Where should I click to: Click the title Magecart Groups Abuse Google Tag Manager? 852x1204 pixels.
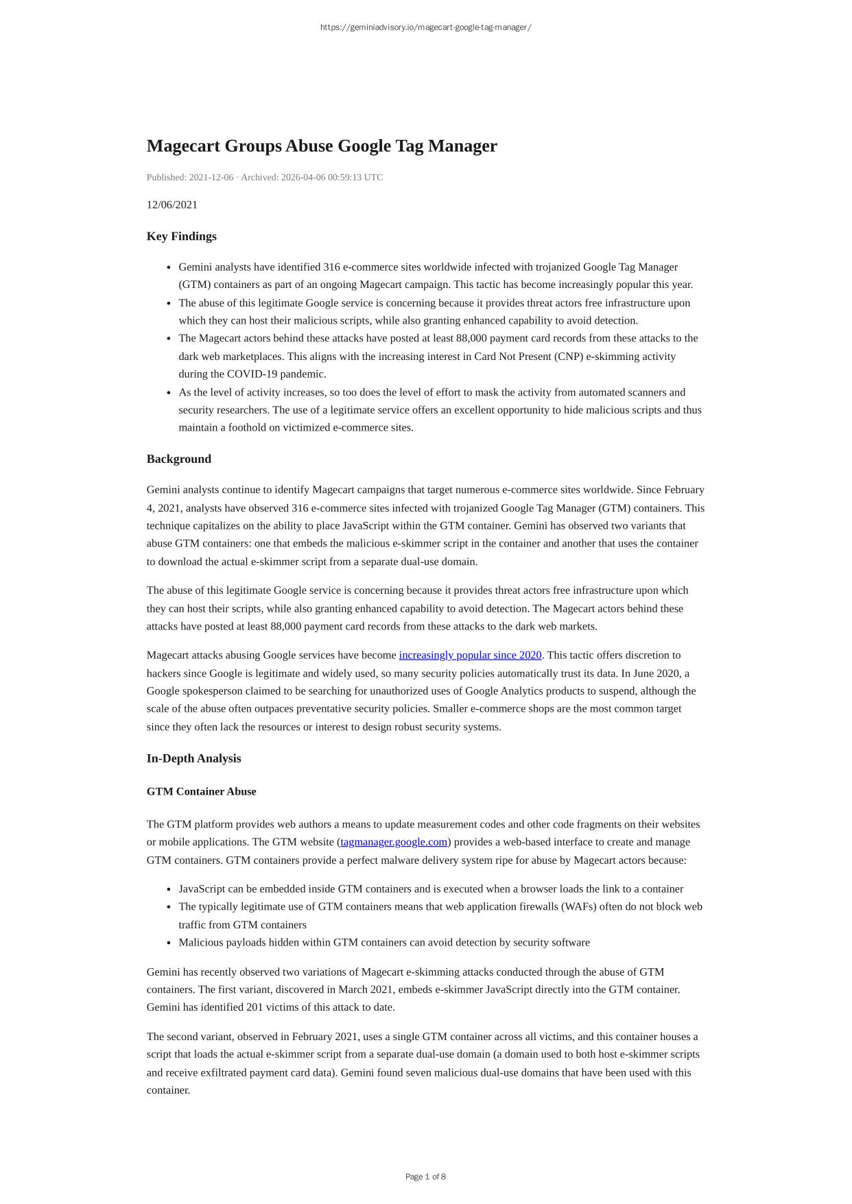[x=322, y=146]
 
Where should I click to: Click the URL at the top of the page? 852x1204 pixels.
[x=425, y=27]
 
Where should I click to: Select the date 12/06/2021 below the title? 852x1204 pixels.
[x=172, y=205]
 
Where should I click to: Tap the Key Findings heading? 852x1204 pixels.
[x=182, y=237]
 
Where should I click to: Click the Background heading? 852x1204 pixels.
[x=179, y=459]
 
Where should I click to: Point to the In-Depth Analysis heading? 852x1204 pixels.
[x=194, y=758]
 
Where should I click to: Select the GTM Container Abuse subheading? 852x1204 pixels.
[x=202, y=792]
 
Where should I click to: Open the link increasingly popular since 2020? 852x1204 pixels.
[x=470, y=655]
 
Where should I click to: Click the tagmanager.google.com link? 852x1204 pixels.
[x=394, y=842]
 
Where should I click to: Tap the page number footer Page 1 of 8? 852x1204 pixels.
[x=425, y=1177]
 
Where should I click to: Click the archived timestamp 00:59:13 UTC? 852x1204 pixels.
[x=355, y=178]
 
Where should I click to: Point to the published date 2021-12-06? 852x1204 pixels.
[x=211, y=178]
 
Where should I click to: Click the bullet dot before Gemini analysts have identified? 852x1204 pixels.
[x=169, y=267]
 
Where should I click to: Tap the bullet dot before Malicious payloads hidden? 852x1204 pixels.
[x=169, y=943]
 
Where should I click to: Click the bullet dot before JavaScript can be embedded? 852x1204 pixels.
[x=169, y=889]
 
